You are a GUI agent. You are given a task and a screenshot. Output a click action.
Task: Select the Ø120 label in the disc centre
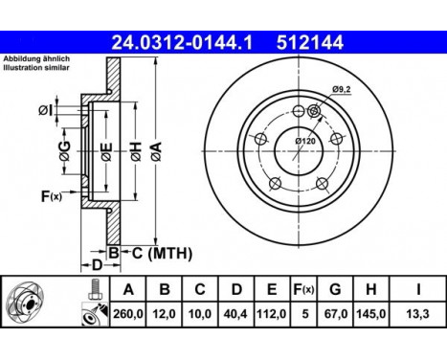305,142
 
